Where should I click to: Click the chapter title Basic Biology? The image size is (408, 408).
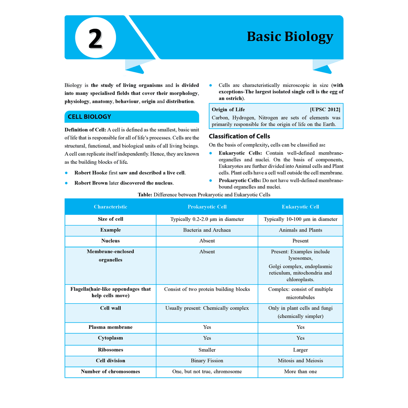click(x=290, y=36)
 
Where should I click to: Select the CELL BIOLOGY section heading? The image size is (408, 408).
click(x=89, y=117)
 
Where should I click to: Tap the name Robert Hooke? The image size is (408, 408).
click(x=91, y=173)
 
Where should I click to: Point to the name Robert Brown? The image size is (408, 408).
click(x=91, y=183)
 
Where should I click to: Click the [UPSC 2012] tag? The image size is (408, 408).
click(x=325, y=110)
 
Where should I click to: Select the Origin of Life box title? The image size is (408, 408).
click(x=228, y=110)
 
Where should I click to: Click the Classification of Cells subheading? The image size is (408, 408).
click(x=239, y=136)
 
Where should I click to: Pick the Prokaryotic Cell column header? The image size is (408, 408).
click(x=207, y=207)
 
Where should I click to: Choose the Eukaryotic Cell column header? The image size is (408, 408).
click(x=300, y=207)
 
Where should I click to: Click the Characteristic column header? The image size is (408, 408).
click(x=110, y=207)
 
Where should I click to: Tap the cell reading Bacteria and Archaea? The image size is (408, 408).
click(x=207, y=230)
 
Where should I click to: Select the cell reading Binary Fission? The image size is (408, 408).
click(x=207, y=361)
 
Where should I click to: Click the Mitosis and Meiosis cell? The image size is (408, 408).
click(x=300, y=361)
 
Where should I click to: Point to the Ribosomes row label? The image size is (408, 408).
click(x=110, y=350)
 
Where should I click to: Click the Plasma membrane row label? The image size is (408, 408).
click(x=110, y=327)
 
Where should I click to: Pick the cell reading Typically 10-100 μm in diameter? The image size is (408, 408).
click(x=300, y=219)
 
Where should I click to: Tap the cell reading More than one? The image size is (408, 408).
click(x=300, y=371)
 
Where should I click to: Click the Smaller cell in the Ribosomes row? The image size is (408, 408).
click(x=207, y=350)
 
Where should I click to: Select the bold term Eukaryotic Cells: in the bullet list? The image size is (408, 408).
click(x=240, y=153)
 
